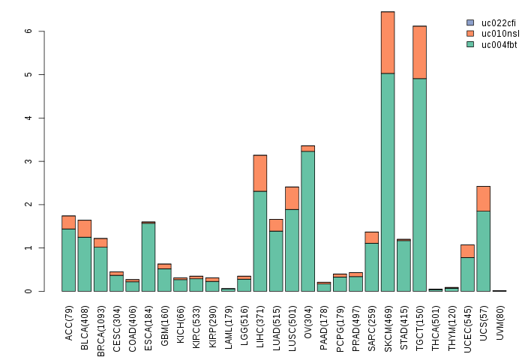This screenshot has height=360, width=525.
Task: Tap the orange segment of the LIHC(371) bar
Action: tap(260, 173)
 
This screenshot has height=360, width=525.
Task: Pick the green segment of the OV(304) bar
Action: tap(307, 221)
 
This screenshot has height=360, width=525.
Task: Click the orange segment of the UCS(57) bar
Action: tap(483, 199)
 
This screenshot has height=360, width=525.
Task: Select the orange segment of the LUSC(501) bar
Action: tap(292, 198)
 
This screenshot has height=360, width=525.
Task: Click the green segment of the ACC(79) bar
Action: tap(68, 259)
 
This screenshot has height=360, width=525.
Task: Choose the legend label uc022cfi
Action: tap(499, 22)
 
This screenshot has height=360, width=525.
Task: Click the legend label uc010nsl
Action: tap(499, 33)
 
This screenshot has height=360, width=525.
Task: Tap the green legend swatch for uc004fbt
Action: tap(470, 44)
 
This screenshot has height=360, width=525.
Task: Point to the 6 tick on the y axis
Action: tap(43, 31)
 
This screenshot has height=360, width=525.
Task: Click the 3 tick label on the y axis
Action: tap(28, 161)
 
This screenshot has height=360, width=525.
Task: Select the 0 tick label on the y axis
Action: tap(28, 291)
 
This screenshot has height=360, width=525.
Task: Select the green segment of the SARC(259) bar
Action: tap(372, 267)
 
